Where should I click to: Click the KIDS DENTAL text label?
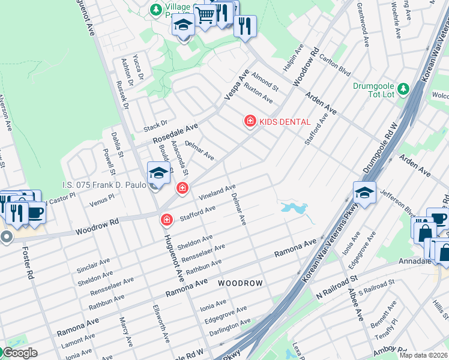click(285, 122)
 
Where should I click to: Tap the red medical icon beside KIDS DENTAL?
click(250, 121)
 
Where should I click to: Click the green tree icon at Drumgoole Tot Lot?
click(403, 89)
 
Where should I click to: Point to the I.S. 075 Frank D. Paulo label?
click(104, 185)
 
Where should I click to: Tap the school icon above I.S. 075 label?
click(158, 173)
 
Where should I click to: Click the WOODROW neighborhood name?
click(240, 283)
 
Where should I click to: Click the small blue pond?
click(294, 208)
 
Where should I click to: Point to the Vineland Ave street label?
click(217, 192)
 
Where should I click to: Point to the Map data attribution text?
click(424, 355)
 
